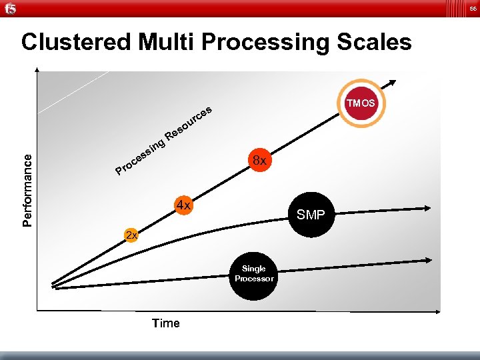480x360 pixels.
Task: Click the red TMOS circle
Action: tap(360, 103)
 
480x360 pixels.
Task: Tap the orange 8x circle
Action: tap(258, 161)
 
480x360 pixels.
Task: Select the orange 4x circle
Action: tap(183, 205)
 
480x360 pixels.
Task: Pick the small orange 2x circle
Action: tap(131, 235)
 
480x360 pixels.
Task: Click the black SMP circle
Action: tap(311, 215)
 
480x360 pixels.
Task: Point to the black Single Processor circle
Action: tap(254, 274)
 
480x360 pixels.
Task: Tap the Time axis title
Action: tap(165, 323)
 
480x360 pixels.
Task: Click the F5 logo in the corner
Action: tap(9, 8)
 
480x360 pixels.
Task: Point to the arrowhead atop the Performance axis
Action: tap(38, 71)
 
